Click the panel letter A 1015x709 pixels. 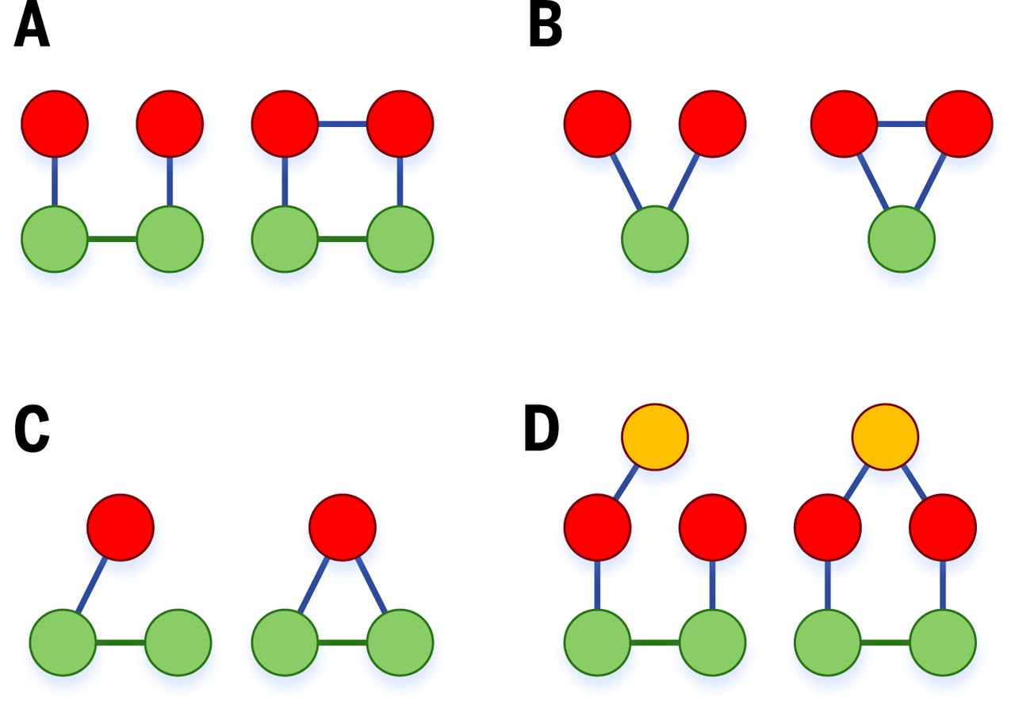[x=33, y=29]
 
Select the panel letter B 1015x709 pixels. [x=546, y=29]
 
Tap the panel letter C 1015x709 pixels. [x=33, y=431]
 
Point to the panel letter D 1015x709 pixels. [x=542, y=430]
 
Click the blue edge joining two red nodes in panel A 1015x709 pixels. [x=342, y=124]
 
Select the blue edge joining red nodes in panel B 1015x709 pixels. [x=902, y=124]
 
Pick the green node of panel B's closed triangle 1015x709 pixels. [x=902, y=239]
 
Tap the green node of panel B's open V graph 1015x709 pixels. [x=654, y=239]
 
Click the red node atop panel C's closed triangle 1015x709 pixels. [x=342, y=527]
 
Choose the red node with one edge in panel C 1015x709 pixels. [x=120, y=527]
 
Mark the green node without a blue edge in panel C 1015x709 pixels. [x=178, y=642]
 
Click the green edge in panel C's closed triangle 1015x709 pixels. [x=342, y=642]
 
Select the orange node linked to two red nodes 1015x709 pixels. [x=885, y=437]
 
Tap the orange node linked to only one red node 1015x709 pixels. [x=654, y=437]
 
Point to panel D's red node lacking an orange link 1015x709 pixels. [x=712, y=527]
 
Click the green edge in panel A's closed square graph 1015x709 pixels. [x=342, y=239]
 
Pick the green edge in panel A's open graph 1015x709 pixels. [x=111, y=239]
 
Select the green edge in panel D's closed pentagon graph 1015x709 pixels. [x=885, y=642]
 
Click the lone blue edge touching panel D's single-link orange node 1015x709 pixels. [x=626, y=482]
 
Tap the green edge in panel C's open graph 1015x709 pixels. [x=120, y=642]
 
